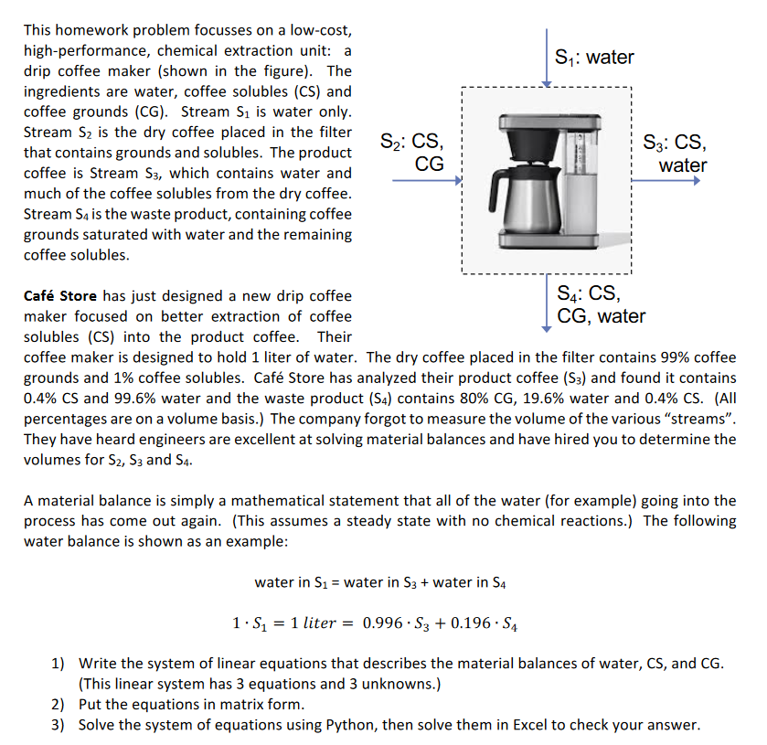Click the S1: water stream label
[595, 58]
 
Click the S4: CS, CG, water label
[600, 305]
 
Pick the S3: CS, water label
[675, 154]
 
